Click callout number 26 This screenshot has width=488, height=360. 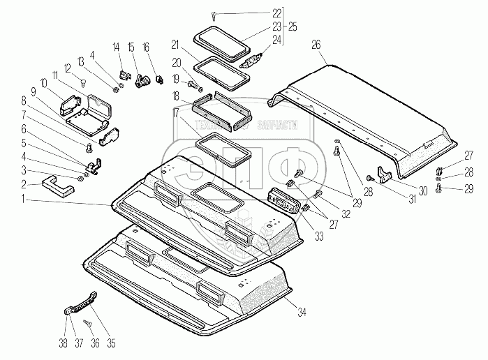[x=316, y=44]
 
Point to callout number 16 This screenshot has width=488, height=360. [x=146, y=46]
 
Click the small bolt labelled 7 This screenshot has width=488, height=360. [x=88, y=147]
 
